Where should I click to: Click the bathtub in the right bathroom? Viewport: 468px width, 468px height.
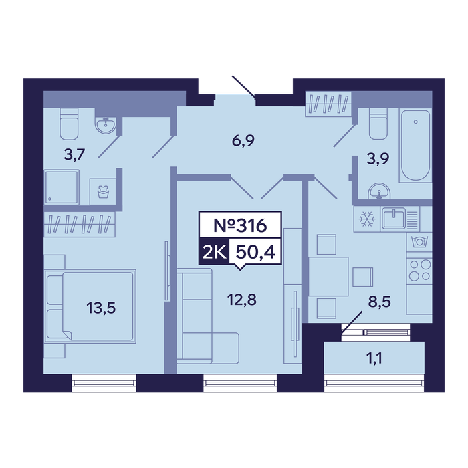[415, 146]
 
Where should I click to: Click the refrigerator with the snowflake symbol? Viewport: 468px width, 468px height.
[366, 219]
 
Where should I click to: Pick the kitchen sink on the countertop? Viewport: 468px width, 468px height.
[394, 217]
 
